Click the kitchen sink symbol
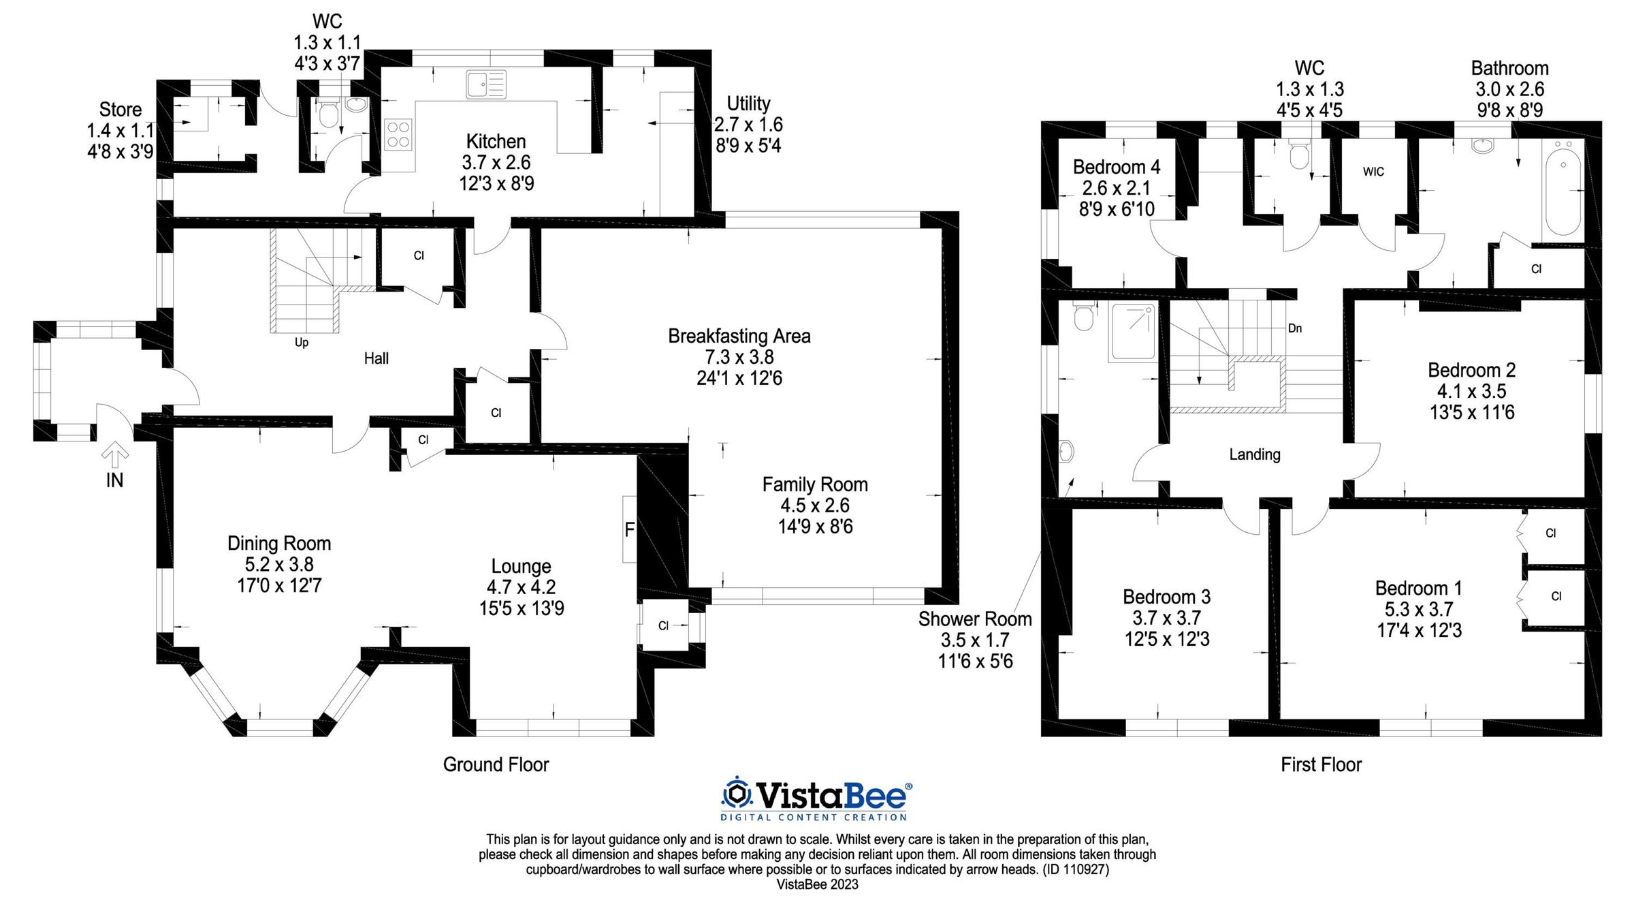[x=486, y=84]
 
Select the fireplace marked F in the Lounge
[x=629, y=529]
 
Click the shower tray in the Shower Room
[x=1133, y=332]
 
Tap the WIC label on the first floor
[x=1373, y=172]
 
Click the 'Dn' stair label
[x=1295, y=328]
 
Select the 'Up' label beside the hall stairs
[x=302, y=342]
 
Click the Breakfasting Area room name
[x=739, y=336]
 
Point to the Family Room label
[x=815, y=484]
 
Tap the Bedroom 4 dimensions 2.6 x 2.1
[x=1117, y=188]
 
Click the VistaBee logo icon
[x=736, y=794]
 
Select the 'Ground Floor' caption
[x=496, y=764]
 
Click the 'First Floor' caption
[x=1321, y=764]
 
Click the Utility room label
[x=748, y=104]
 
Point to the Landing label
[x=1255, y=454]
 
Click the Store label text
[x=121, y=109]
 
